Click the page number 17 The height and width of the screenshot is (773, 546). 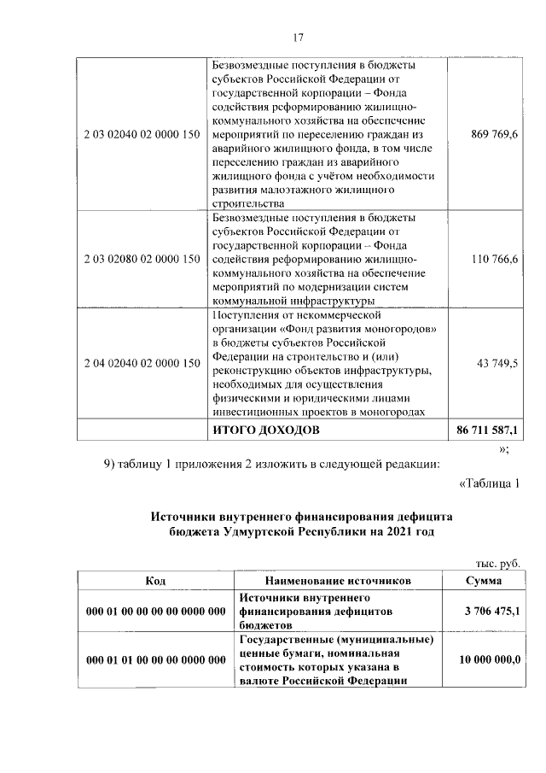point(298,37)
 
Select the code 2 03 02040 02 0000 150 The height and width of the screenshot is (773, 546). point(142,136)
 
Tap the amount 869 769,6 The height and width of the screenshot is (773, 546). point(495,136)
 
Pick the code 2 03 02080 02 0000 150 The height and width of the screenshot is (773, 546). point(142,259)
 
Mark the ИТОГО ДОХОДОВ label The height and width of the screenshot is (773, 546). point(265,430)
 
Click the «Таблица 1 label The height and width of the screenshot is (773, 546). point(489,485)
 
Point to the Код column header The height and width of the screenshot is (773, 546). point(155,581)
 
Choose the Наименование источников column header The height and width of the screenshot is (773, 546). point(338,581)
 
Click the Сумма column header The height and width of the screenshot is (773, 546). point(483,581)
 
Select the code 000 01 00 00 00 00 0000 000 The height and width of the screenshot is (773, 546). point(155,612)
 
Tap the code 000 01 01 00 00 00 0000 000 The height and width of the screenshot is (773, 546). point(155,660)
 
